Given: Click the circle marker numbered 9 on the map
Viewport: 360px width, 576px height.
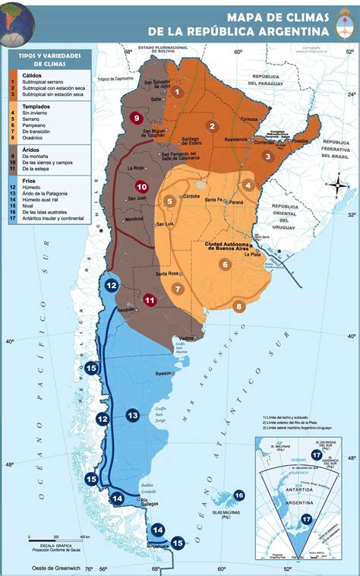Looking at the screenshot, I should click(137, 118).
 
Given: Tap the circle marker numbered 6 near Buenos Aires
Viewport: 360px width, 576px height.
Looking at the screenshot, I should click(226, 264).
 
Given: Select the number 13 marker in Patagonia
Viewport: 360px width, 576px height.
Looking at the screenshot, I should click(133, 416).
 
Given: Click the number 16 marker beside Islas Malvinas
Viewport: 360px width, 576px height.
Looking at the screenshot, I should click(238, 495).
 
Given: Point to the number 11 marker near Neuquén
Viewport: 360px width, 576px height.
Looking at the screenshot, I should click(150, 300).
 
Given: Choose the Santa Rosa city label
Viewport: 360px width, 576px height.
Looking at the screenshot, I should click(167, 274).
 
